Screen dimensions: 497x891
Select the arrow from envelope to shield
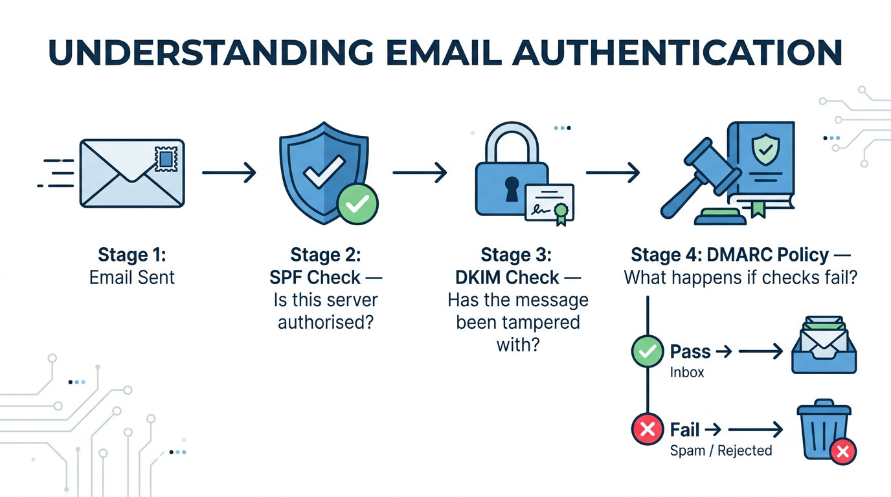229,173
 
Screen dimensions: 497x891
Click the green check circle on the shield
357,204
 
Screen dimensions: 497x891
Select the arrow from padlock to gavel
613,173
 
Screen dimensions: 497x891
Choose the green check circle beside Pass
647,352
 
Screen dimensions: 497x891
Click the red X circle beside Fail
647,429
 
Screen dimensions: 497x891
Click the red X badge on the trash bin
843,451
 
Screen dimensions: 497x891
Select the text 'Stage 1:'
132,254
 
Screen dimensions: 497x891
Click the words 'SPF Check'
315,278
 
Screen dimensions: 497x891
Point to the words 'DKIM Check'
506,278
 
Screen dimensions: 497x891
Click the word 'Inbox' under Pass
687,373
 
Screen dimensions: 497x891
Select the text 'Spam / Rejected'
721,450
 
